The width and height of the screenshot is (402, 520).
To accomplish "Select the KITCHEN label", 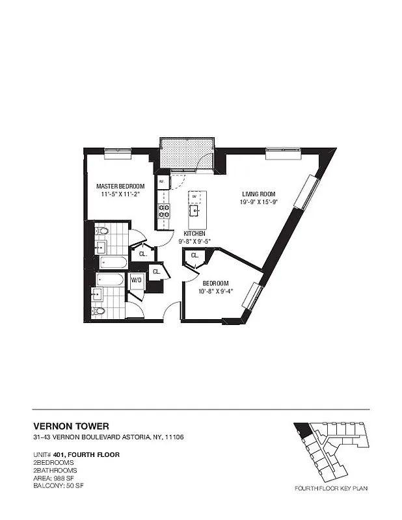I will tap(194, 233).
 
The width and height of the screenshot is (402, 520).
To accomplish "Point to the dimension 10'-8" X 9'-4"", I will tap(215, 291).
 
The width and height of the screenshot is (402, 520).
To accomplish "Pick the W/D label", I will tap(137, 280).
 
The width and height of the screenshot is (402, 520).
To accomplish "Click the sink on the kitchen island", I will tap(194, 210).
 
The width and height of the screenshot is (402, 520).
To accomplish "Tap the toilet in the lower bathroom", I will tap(99, 311).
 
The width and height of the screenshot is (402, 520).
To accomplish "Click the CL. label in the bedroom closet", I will tap(194, 256).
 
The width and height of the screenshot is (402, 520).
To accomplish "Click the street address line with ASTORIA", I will tap(108, 437).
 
